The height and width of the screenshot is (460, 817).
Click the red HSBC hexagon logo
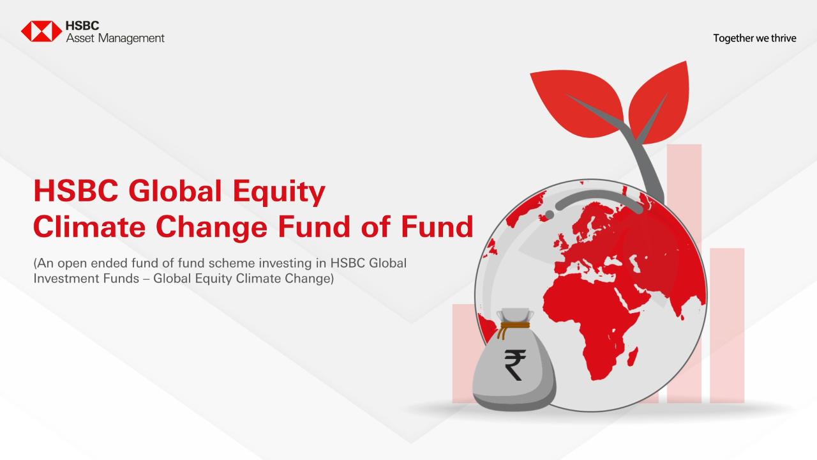pyautogui.click(x=41, y=31)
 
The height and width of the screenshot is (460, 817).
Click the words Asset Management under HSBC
pyautogui.click(x=115, y=38)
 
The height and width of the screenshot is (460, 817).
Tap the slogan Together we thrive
pyautogui.click(x=754, y=38)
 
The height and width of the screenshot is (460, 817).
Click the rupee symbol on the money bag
pyautogui.click(x=513, y=365)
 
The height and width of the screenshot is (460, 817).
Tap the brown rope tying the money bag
pyautogui.click(x=514, y=329)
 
